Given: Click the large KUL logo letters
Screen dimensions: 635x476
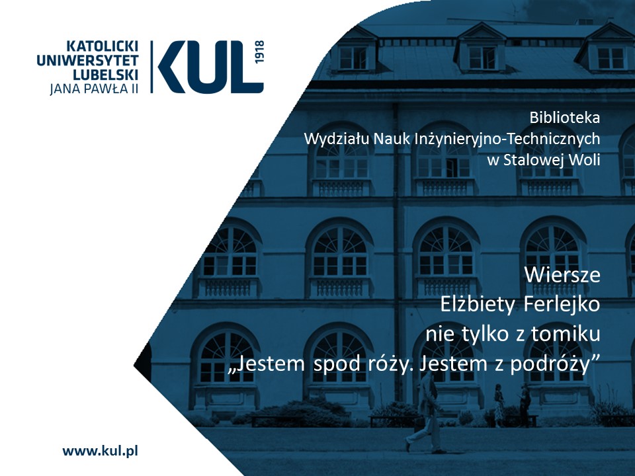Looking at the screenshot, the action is pos(210,67).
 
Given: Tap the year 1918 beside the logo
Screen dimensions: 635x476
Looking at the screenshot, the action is pos(259,52).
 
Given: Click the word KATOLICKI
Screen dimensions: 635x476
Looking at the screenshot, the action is pos(102,46).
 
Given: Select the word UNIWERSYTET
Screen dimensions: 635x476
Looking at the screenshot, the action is pos(87,61).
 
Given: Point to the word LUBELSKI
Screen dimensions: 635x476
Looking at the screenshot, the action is pos(106,75).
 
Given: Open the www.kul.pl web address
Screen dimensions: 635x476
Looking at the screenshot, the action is pos(100,451).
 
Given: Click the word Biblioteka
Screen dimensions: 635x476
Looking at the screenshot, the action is pos(564,118).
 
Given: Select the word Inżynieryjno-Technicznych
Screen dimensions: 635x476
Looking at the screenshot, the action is pos(507,139).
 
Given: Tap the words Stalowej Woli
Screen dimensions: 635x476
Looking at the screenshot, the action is pos(552,160).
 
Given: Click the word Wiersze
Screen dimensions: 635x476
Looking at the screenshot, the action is pos(562,275).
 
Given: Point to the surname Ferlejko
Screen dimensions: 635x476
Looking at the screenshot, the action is pos(562,305).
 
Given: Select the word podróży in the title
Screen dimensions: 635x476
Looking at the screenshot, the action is pos(554,364).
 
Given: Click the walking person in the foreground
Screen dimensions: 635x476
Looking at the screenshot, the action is pos(425,413).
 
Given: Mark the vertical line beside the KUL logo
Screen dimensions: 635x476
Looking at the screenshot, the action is pos(152,67).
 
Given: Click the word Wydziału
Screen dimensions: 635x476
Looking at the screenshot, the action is pos(337,139).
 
